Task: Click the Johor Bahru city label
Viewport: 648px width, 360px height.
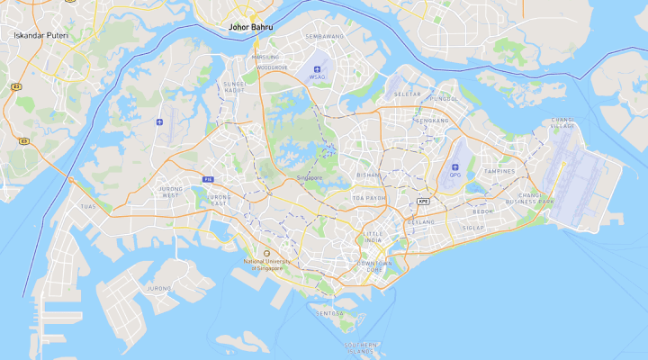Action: coord(251,27)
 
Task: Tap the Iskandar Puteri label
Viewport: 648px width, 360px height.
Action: coord(40,35)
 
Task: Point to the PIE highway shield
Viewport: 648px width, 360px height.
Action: coord(208,179)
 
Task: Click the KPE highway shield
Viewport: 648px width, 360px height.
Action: coord(423,202)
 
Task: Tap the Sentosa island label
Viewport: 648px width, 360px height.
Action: coord(330,313)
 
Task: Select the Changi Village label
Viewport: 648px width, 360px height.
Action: coord(562,124)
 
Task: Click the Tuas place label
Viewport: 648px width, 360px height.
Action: coord(87,206)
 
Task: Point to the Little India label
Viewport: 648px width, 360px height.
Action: coord(373,238)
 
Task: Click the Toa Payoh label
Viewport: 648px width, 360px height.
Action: coord(369,197)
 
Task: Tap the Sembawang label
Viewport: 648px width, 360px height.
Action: coord(326,36)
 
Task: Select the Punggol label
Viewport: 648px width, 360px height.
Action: coord(445,98)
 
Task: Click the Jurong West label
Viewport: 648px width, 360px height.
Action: coord(170,192)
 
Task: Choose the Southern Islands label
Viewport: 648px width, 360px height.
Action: coord(360,347)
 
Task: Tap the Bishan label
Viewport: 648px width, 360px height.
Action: coord(369,175)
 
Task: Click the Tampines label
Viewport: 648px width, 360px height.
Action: coord(499,171)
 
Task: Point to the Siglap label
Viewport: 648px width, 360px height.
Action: coord(472,228)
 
